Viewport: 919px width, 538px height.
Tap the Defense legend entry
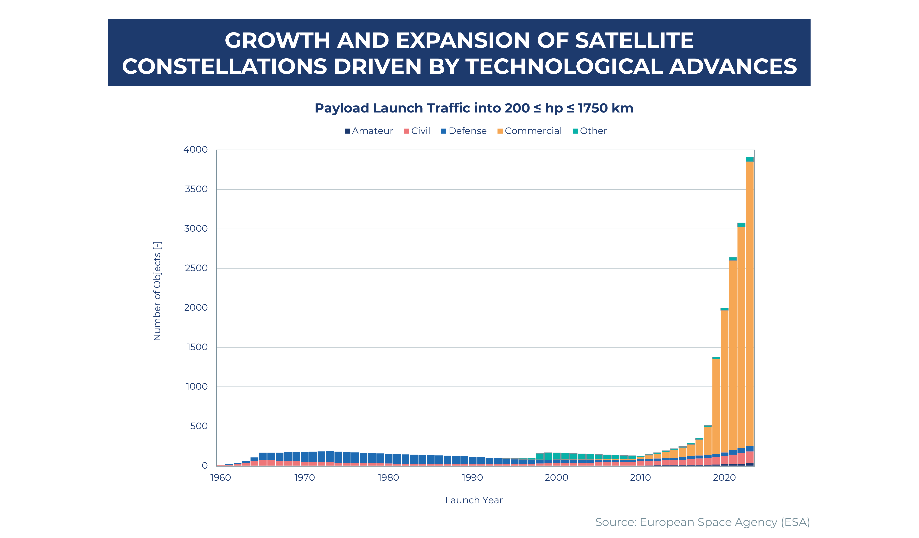click(464, 131)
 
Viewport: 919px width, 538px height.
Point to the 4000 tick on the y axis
click(196, 150)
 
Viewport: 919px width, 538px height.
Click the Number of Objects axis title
click(157, 291)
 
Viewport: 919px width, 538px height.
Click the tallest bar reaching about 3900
click(750, 310)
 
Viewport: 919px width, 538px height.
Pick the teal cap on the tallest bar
click(750, 159)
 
